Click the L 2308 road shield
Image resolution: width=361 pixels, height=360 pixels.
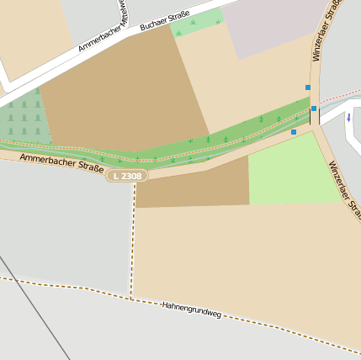[x=127, y=175]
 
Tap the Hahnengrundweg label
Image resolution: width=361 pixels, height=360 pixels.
[x=191, y=309]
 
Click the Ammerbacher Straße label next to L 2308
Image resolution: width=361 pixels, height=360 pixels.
[x=61, y=161]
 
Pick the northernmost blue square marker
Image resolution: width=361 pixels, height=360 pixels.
[x=308, y=87]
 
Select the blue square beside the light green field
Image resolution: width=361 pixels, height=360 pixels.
[x=294, y=132]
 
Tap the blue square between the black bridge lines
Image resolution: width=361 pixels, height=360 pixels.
[x=314, y=109]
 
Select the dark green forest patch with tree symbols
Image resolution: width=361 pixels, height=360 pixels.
[x=22, y=117]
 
